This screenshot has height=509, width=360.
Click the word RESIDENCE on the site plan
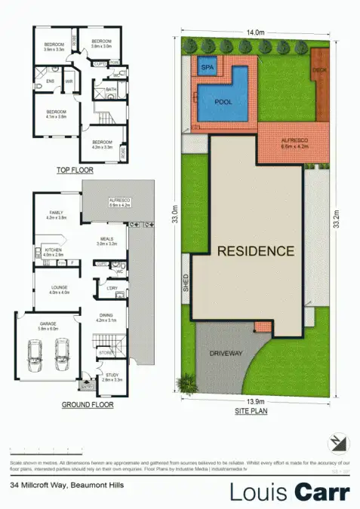pyautogui.click(x=256, y=251)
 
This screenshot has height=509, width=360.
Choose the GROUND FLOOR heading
pyautogui.click(x=88, y=405)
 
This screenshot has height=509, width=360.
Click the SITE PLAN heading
pyautogui.click(x=257, y=412)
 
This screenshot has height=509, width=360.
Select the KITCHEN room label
pyautogui.click(x=53, y=250)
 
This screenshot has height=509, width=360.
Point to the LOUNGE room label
pyautogui.click(x=60, y=287)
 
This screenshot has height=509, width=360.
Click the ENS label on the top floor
pyautogui.click(x=51, y=79)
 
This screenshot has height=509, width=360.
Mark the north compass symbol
pyautogui.click(x=334, y=443)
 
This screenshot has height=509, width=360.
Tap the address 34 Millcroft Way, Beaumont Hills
pyautogui.click(x=66, y=486)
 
